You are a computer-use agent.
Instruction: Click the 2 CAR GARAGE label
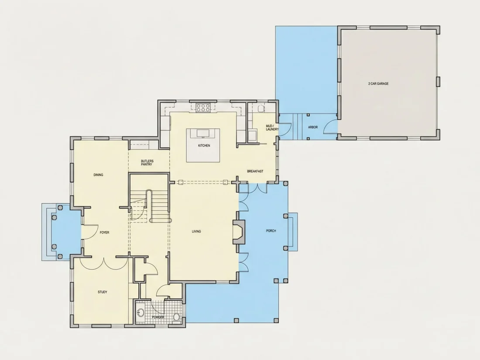tap(378, 84)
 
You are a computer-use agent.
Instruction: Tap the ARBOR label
tap(313, 127)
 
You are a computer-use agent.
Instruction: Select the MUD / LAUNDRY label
tap(272, 128)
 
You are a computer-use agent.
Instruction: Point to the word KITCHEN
tap(204, 145)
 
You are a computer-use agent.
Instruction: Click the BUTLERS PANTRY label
tap(147, 163)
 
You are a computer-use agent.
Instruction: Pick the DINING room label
tap(98, 175)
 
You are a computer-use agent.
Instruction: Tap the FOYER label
tap(104, 232)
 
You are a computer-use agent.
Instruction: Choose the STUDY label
tap(103, 292)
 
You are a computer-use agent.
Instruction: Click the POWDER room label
tap(158, 317)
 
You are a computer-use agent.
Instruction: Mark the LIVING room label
tap(196, 231)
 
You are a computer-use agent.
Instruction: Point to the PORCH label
tap(271, 231)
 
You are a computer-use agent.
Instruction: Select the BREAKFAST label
tap(255, 171)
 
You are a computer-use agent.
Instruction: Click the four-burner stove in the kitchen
tap(203, 107)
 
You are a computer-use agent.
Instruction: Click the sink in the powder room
tap(141, 313)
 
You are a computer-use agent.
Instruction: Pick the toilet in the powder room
tap(177, 316)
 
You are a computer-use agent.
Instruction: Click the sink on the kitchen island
tap(203, 133)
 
